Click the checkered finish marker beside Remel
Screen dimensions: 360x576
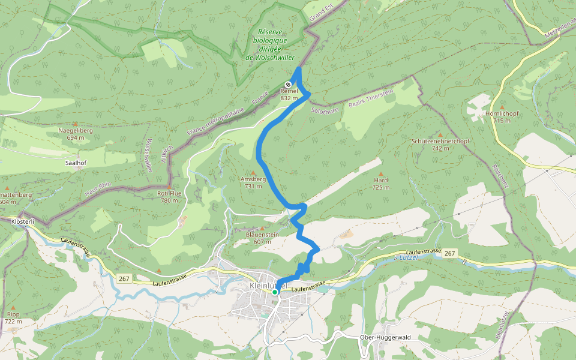pyautogui.click(x=288, y=85)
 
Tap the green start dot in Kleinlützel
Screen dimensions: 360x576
pyautogui.click(x=275, y=292)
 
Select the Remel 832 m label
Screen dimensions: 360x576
pyautogui.click(x=289, y=95)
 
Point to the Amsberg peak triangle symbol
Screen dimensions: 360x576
pyautogui.click(x=253, y=173)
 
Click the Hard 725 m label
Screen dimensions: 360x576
pyautogui.click(x=380, y=184)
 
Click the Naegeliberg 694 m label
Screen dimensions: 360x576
pyautogui.click(x=76, y=134)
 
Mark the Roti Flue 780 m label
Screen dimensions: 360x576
pyautogui.click(x=169, y=197)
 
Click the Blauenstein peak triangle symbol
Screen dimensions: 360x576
pyautogui.click(x=262, y=228)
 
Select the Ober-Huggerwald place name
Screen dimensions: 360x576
pyautogui.click(x=385, y=337)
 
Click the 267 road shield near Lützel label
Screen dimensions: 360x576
pyautogui.click(x=449, y=254)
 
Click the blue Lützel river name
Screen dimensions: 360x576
pyautogui.click(x=409, y=257)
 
